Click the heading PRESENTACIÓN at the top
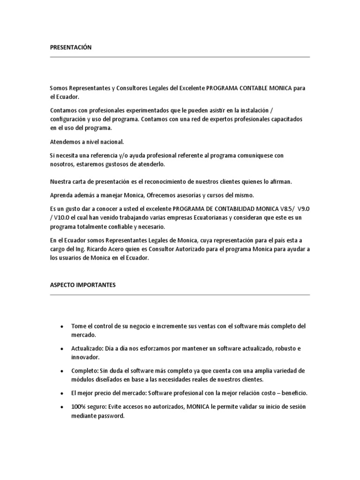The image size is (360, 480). point(71,47)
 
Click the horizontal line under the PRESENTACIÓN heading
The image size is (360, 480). point(180,57)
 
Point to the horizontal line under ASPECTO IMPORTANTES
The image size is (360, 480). point(180,295)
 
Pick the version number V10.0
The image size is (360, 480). point(62,217)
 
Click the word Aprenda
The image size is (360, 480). point(61,195)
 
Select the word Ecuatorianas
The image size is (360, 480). point(207,217)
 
